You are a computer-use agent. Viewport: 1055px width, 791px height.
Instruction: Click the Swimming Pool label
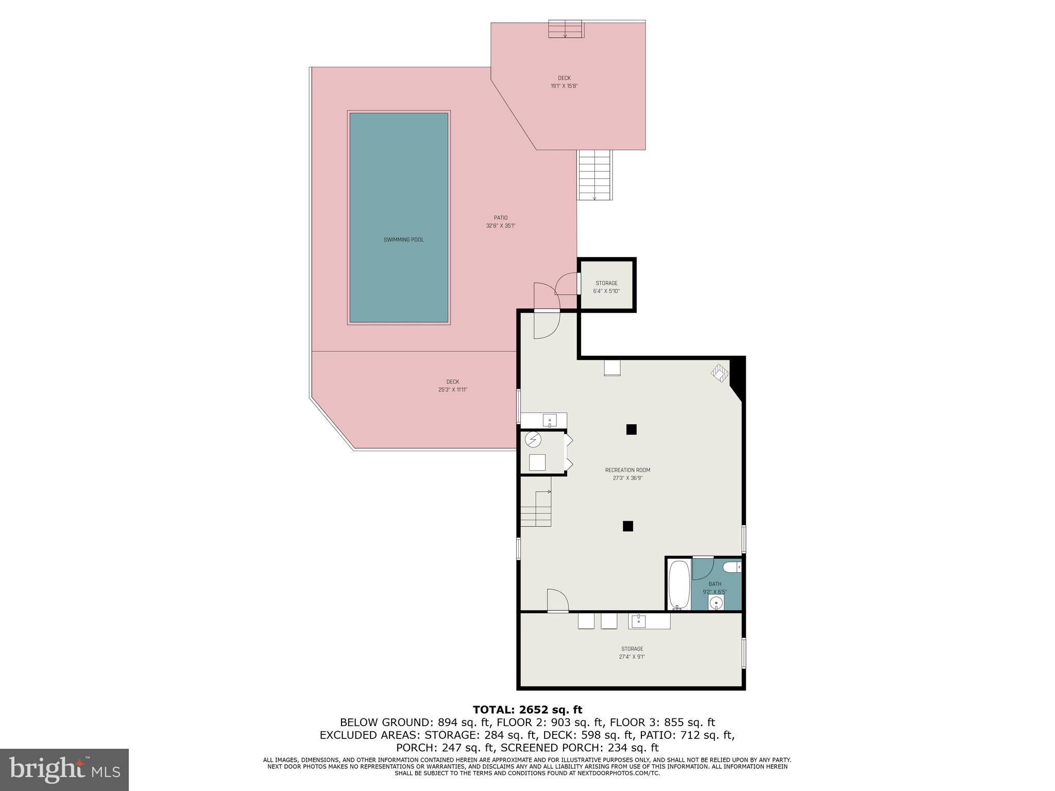coord(403,240)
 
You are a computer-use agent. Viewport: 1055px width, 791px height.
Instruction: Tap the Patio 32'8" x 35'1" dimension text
coord(500,226)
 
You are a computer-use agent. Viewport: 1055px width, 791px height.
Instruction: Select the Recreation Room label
coord(627,470)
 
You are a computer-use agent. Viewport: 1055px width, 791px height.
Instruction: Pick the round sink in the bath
coord(716,603)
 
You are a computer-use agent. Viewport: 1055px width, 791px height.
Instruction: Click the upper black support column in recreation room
coord(631,429)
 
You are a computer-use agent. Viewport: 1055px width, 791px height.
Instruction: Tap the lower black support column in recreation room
coord(627,526)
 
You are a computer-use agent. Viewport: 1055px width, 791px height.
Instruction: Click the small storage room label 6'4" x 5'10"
coord(606,287)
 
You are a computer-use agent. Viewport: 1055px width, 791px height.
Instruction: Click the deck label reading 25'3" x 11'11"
coord(452,390)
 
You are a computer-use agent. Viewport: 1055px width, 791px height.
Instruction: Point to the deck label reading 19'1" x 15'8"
coord(564,86)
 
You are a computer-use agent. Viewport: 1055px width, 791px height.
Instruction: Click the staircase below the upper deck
coord(595,175)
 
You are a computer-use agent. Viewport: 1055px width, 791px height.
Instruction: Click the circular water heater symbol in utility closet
coord(533,440)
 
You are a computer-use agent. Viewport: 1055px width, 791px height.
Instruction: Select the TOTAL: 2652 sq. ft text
coord(527,710)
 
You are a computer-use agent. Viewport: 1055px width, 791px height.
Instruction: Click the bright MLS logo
coord(64,769)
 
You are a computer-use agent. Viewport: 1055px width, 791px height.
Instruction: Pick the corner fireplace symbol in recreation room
coord(720,372)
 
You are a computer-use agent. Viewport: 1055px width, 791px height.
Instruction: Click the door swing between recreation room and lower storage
coord(557,600)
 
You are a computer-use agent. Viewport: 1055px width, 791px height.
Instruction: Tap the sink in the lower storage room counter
coord(639,621)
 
